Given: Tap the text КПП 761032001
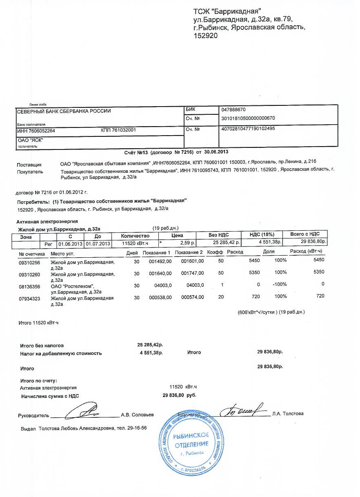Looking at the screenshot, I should [x=118, y=131].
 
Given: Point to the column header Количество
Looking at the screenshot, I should [x=136, y=236].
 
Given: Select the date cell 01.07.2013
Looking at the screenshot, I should [x=98, y=244].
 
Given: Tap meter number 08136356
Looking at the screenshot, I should [x=29, y=285].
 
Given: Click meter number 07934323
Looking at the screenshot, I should [x=29, y=298].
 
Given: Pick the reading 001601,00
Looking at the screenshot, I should [x=192, y=260].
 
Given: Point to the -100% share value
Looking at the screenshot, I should [x=279, y=284].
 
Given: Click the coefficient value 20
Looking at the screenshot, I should [x=221, y=297].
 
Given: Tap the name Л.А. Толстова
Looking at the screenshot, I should [x=288, y=414].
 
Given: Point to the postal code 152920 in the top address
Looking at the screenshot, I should [x=206, y=36].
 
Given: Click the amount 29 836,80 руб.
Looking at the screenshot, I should [x=180, y=395].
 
